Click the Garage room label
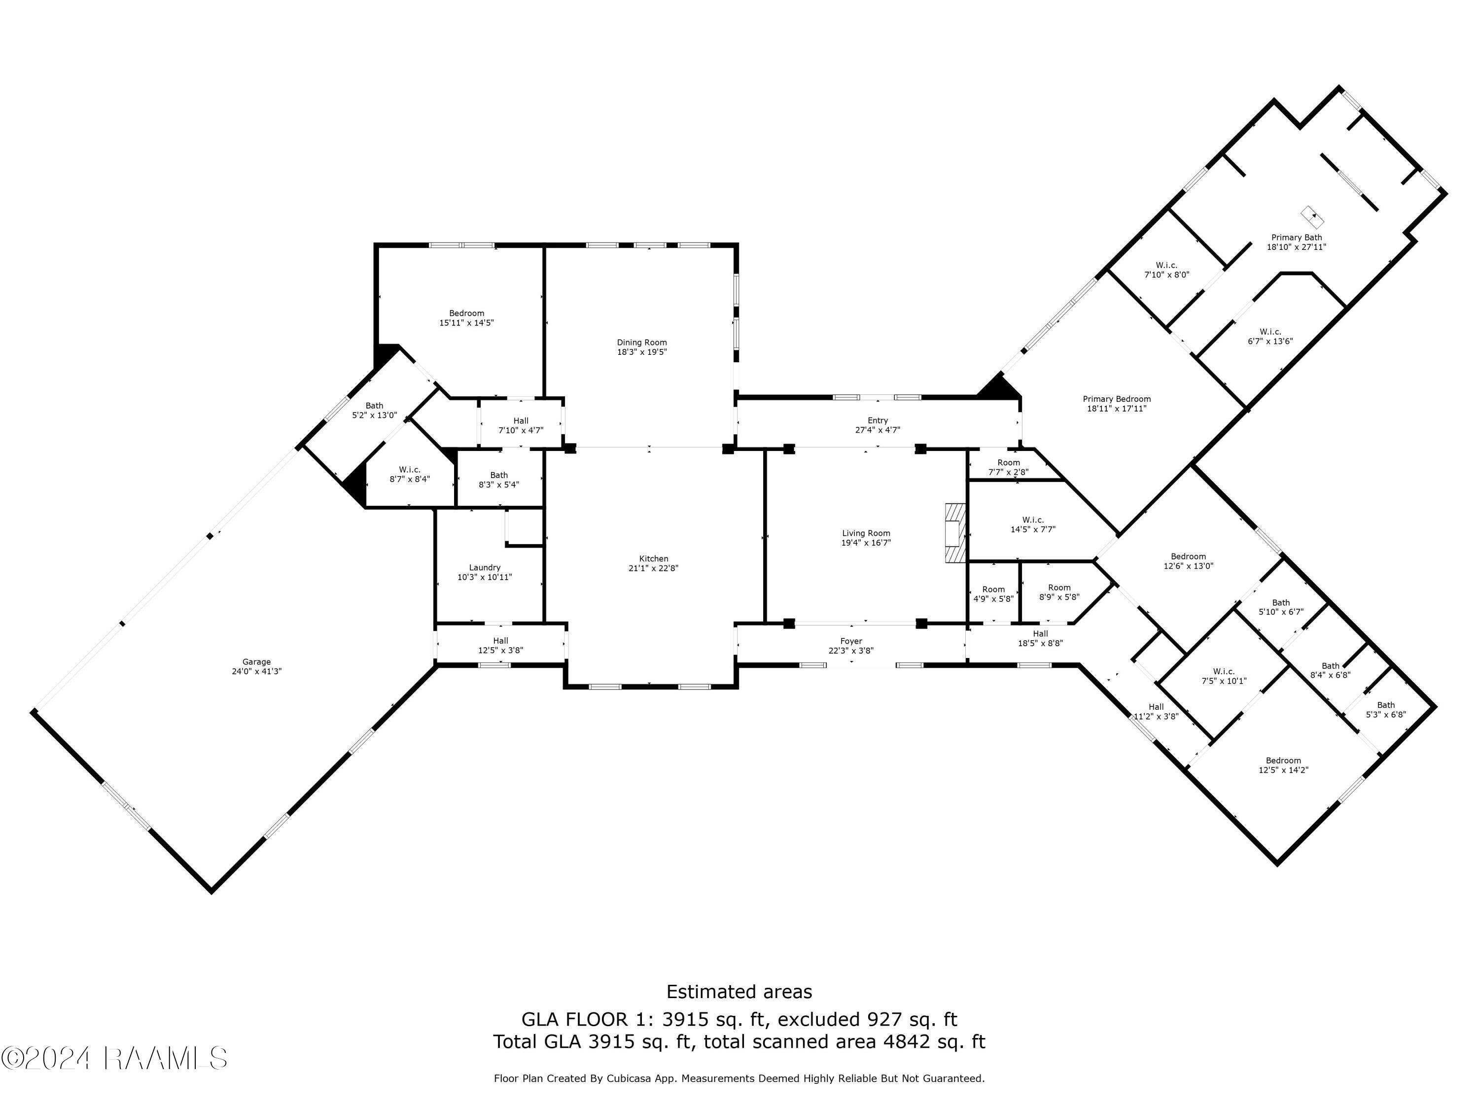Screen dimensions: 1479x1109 pos(257,662)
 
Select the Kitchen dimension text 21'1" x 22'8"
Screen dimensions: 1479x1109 pos(653,568)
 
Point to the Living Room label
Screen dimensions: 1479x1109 pos(866,533)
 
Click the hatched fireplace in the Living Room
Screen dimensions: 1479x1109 pos(955,533)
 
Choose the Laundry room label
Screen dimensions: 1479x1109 pos(485,567)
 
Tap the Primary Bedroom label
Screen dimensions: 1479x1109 pos(1117,399)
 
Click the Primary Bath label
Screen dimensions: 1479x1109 pos(1297,237)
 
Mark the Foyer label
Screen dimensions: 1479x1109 pos(851,641)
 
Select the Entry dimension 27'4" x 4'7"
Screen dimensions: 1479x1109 pos(878,430)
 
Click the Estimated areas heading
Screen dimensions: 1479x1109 pos(739,991)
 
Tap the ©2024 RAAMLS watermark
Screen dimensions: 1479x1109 pos(114,1058)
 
